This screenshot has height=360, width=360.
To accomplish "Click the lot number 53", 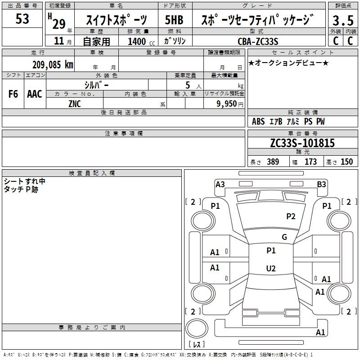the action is coord(22,19).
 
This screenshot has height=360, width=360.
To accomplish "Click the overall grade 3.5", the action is coord(343,20).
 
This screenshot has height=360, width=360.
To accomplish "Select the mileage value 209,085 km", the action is coord(53,65).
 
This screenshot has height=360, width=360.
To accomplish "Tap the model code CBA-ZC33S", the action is coord(258,41).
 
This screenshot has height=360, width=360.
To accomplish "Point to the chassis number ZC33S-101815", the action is coord(302,143).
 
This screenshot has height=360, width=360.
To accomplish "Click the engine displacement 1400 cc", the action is coord(141,41).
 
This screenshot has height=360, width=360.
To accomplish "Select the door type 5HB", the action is coord(174,20).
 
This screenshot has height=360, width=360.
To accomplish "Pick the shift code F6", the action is coord(13,94).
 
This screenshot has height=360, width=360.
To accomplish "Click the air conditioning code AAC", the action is coord(35,94).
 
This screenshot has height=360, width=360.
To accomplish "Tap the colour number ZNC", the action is coord(75,104).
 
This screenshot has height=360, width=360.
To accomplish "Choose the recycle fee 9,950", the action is coord(226,103).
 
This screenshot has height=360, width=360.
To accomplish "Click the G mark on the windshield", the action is coord(284,237).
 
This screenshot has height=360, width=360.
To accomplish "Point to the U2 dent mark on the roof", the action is coord(271,268).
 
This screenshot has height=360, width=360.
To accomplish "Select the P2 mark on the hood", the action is coord(291,216).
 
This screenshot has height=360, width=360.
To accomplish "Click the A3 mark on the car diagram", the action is coord(220,184).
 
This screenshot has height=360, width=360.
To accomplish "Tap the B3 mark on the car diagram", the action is coord(321,184).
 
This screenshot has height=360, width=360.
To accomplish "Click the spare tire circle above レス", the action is coord(197,328).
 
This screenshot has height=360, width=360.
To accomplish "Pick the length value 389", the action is coord(273,162).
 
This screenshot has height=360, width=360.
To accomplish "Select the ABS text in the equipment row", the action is coord(258,121).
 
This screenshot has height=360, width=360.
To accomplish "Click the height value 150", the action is coord(346,162).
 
